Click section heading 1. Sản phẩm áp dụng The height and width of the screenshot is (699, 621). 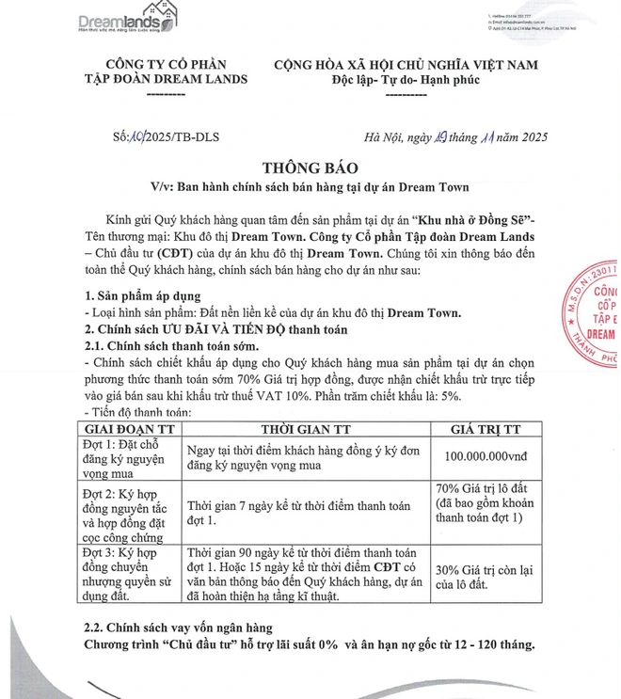(x=144, y=296)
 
